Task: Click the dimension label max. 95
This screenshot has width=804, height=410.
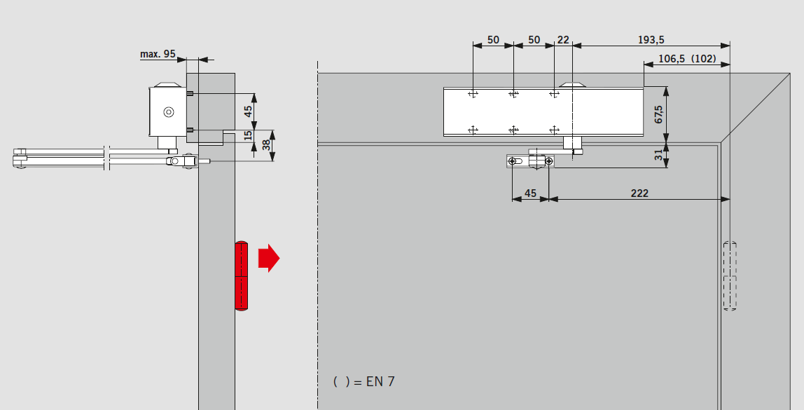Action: tap(158, 53)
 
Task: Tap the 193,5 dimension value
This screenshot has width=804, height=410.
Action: tap(651, 39)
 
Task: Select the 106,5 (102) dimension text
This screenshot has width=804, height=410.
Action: tap(687, 58)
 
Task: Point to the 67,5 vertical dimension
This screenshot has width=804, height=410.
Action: tap(659, 114)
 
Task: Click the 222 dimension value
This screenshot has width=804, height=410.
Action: tap(639, 193)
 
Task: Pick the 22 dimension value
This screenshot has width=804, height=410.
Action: tap(563, 39)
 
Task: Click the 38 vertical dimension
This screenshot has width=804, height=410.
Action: tap(266, 145)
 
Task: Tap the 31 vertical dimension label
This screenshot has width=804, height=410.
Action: tap(659, 155)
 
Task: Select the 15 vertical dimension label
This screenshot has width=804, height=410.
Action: tap(249, 135)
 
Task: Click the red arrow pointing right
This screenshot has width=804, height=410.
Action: tap(269, 258)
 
